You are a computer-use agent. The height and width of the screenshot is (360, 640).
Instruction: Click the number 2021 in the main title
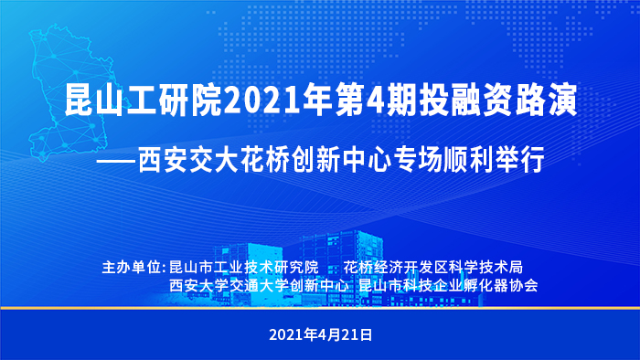(263, 101)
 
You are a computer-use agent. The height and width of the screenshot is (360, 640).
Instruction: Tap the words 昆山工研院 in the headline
(144, 101)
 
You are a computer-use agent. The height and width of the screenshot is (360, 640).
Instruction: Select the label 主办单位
(132, 268)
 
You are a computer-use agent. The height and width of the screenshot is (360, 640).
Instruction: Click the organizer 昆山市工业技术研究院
(244, 268)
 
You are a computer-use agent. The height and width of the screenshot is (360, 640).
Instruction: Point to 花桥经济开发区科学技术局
(433, 268)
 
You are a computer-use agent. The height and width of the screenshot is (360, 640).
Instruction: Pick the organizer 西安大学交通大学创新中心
(259, 285)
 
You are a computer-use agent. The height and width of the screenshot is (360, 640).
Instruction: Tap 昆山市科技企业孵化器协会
(448, 285)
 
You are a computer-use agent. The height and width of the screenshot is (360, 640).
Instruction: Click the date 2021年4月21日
(320, 334)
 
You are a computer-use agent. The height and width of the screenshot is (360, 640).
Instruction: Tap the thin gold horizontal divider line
(320, 308)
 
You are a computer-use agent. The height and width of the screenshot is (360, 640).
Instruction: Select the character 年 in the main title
(318, 101)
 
